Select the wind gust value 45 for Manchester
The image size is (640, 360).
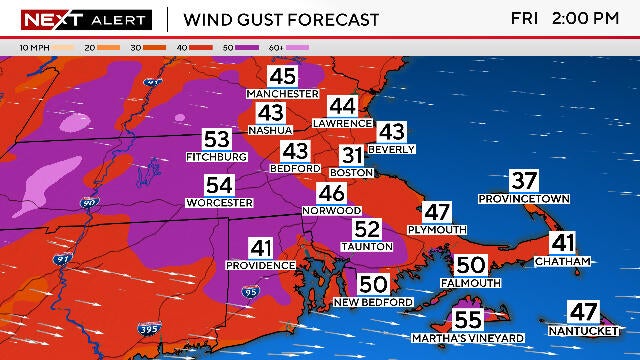pos(283,77)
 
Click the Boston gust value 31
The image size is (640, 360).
pos(352,156)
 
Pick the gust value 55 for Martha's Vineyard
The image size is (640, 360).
pos(468,320)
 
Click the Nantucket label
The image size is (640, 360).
pos(583,329)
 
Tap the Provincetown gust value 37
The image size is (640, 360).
pos(524,181)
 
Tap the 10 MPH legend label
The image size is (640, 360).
pos(35,47)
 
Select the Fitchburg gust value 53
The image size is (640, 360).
pos(216,140)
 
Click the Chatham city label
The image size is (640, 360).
pos(563,261)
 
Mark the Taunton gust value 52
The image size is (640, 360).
pos(367,229)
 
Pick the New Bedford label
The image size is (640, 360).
pos(373,302)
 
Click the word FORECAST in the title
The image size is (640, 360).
pos(333,20)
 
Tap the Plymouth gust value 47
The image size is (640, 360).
pos(437,212)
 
